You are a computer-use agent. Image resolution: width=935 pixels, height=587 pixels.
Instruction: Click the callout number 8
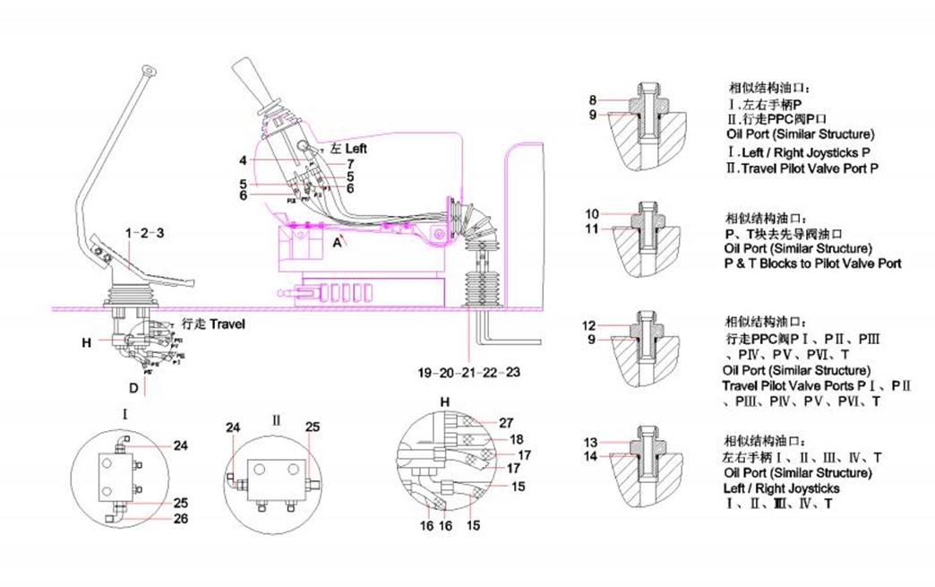coord(592,99)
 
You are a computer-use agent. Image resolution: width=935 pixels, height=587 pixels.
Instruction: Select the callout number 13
coord(590,443)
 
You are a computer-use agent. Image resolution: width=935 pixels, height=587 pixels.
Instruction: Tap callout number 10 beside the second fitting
coord(592,214)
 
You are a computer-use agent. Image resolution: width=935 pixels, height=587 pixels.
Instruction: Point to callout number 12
coord(588,325)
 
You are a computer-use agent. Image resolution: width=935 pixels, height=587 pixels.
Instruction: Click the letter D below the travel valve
coord(132,388)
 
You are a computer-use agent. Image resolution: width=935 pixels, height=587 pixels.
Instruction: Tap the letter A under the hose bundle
coord(337,241)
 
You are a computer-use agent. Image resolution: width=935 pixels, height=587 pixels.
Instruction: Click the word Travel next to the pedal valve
coord(227,324)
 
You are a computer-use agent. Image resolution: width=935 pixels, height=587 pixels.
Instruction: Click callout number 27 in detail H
coord(506,422)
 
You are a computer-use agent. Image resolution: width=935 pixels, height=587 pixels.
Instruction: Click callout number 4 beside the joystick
coord(243,161)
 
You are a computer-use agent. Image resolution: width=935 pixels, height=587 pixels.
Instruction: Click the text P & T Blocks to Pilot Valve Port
coord(812,263)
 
